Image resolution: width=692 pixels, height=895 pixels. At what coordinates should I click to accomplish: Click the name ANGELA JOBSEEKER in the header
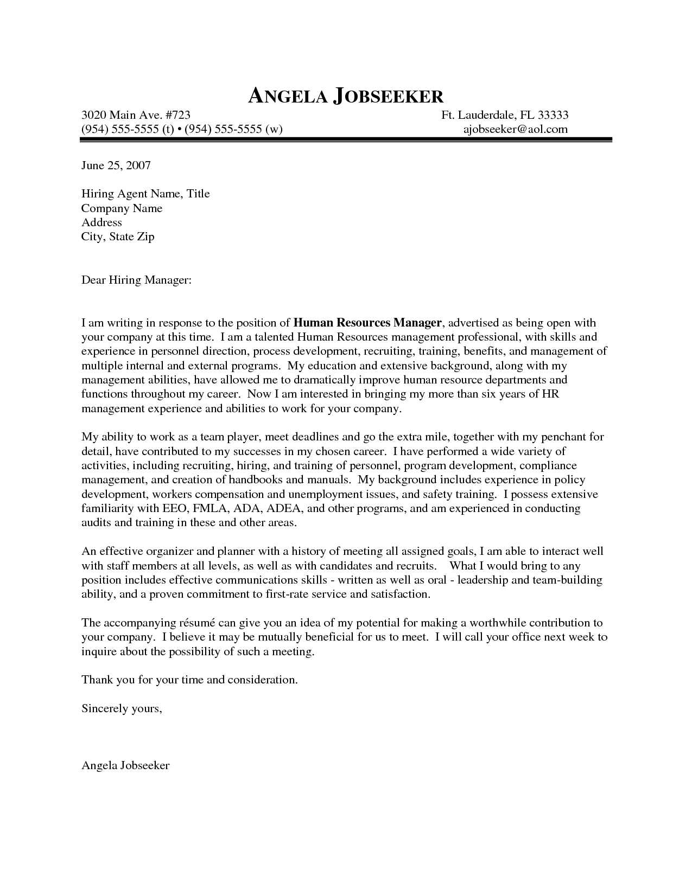click(346, 96)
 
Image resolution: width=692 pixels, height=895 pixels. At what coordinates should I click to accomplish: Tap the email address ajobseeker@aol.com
click(515, 129)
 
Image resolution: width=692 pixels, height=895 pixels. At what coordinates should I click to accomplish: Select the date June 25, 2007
click(116, 165)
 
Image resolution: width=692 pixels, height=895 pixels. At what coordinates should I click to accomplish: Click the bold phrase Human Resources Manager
click(367, 323)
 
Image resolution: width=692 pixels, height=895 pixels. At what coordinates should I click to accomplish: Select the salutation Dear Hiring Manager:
click(136, 280)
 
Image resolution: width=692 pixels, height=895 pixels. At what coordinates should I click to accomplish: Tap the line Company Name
click(122, 208)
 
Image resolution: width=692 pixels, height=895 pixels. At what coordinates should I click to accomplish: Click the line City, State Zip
click(118, 237)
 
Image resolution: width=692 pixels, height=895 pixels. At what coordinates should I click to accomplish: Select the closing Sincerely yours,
click(122, 708)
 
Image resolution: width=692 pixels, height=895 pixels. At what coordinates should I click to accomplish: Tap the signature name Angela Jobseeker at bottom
click(125, 766)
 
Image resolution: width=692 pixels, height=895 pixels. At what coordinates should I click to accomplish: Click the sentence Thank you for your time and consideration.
click(189, 680)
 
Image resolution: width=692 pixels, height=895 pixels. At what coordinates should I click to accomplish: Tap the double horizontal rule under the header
click(346, 140)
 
